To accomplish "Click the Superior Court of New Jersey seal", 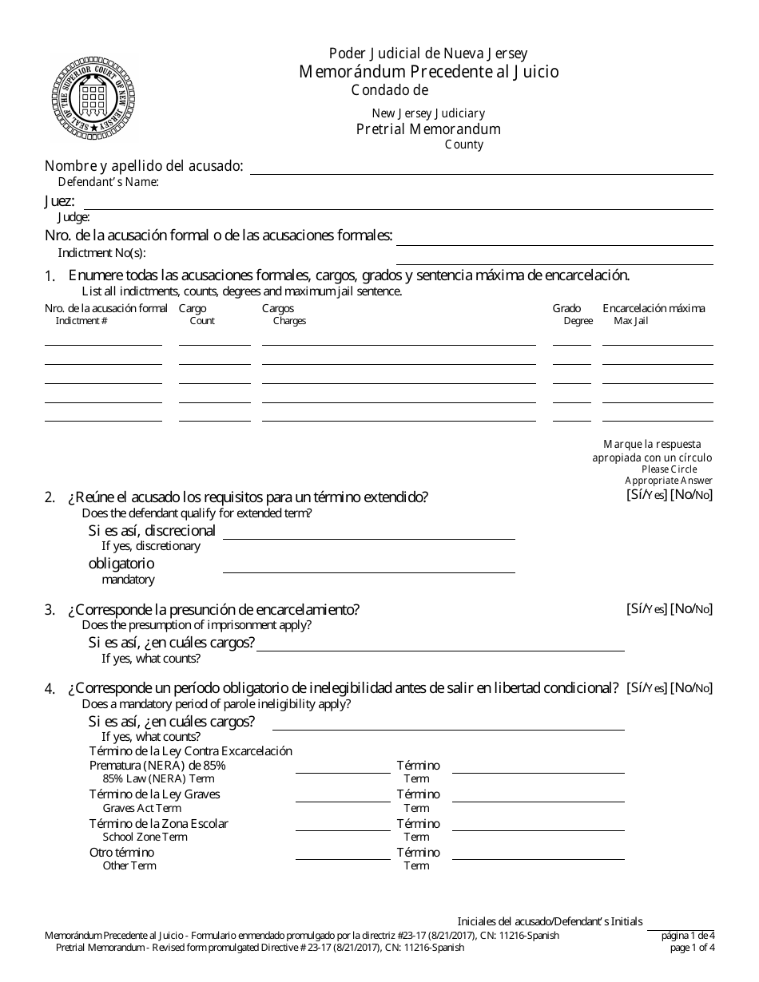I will (x=94, y=98).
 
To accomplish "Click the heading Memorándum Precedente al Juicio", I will (x=429, y=72).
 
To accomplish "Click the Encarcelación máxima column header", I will (x=654, y=308).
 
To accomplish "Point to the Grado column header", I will (x=566, y=308).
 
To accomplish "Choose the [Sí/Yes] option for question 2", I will (x=646, y=494).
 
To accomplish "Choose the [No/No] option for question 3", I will (x=691, y=609).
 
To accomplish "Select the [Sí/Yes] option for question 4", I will (x=646, y=687).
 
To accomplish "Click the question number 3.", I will (x=50, y=611).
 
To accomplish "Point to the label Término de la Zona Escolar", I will (x=158, y=823).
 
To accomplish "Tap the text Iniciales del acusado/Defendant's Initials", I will (x=550, y=921).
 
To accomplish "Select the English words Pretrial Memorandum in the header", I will (x=428, y=129).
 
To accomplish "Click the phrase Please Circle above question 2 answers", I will (x=669, y=469).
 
